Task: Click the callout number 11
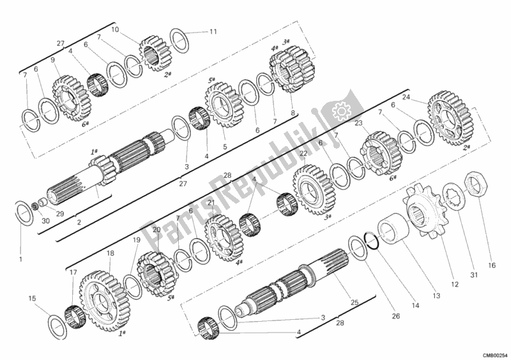click(213, 32)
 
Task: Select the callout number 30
click(27, 221)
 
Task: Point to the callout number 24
click(406, 98)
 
